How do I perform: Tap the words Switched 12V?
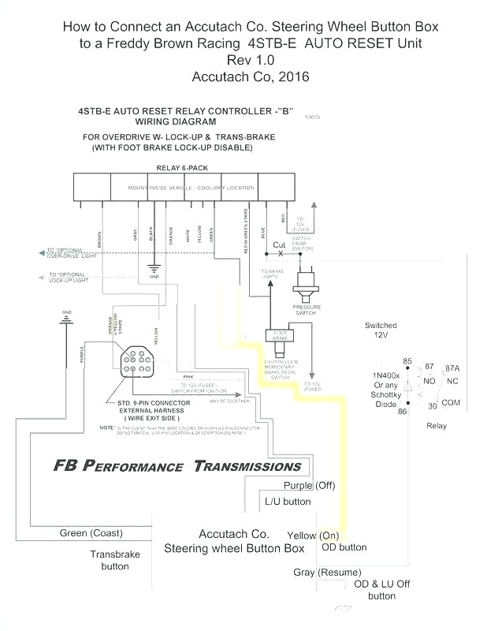pyautogui.click(x=381, y=330)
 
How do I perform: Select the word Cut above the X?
pyautogui.click(x=279, y=245)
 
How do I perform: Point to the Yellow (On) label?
pyautogui.click(x=313, y=535)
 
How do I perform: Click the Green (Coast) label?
pyautogui.click(x=91, y=533)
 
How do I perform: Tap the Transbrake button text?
pyautogui.click(x=114, y=560)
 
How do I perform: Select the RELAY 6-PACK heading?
pyautogui.click(x=184, y=168)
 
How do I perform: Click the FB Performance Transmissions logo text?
pyautogui.click(x=177, y=465)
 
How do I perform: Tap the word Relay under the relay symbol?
pyautogui.click(x=436, y=426)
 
